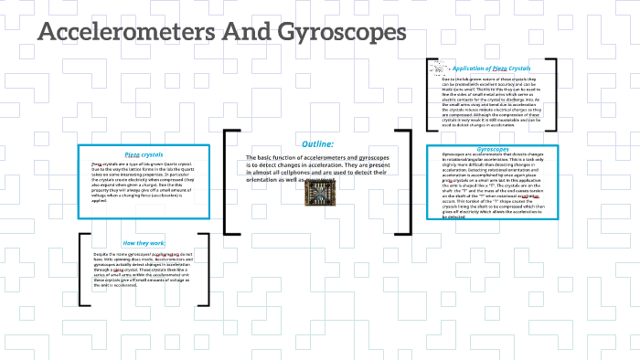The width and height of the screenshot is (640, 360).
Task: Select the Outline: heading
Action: pyautogui.click(x=317, y=143)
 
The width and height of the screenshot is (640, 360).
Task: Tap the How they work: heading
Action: pyautogui.click(x=144, y=242)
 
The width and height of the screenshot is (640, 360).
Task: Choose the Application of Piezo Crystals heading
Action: pyautogui.click(x=494, y=69)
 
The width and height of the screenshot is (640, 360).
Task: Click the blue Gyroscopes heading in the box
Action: pyautogui.click(x=493, y=148)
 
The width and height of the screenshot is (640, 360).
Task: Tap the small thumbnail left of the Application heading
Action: pyautogui.click(x=439, y=69)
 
